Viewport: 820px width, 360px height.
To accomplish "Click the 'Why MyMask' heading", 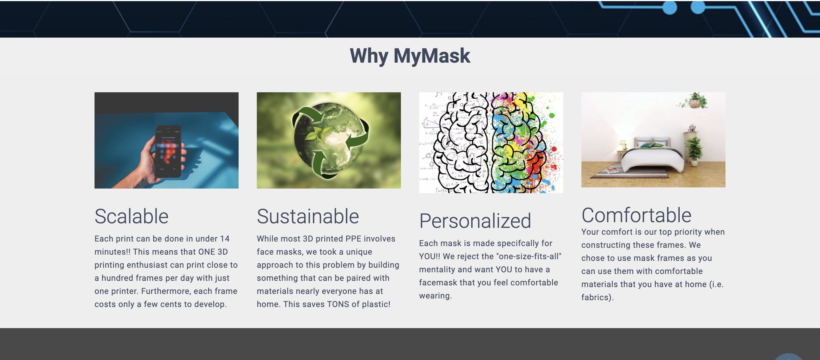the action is (x=410, y=56).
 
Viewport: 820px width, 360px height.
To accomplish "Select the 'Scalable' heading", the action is (x=132, y=216).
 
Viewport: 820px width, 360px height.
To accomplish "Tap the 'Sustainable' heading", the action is (x=308, y=216).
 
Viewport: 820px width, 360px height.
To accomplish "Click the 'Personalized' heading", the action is (x=475, y=221).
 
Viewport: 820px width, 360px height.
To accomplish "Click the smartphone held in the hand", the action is (x=168, y=151).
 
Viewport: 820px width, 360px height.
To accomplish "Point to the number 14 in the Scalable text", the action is (x=225, y=239).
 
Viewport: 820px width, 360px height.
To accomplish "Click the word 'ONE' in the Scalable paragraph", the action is (x=207, y=252).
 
